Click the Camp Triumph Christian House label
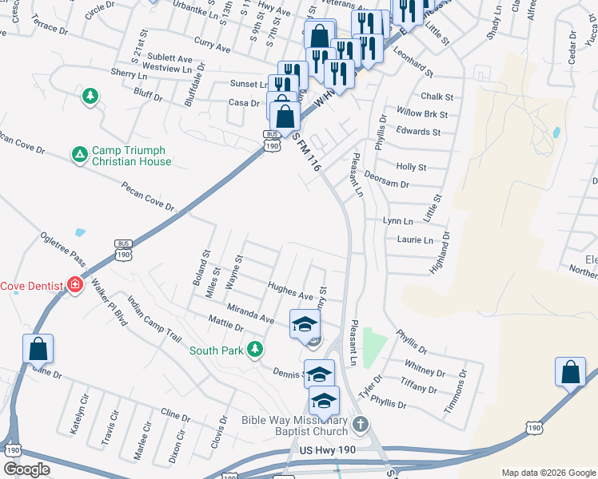click(x=130, y=156)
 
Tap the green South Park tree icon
click(x=255, y=349)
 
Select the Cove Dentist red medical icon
click(x=75, y=285)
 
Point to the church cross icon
click(x=360, y=423)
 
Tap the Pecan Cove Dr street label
click(x=148, y=196)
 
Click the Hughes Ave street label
click(x=290, y=295)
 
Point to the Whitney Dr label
click(x=425, y=371)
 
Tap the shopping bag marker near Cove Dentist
click(x=38, y=348)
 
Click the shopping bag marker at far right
click(x=571, y=371)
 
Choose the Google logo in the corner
click(x=27, y=469)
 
